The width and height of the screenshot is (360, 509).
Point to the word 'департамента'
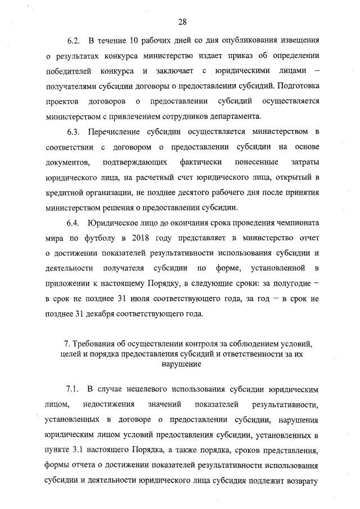(237, 117)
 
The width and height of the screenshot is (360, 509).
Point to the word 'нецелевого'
(149, 389)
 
